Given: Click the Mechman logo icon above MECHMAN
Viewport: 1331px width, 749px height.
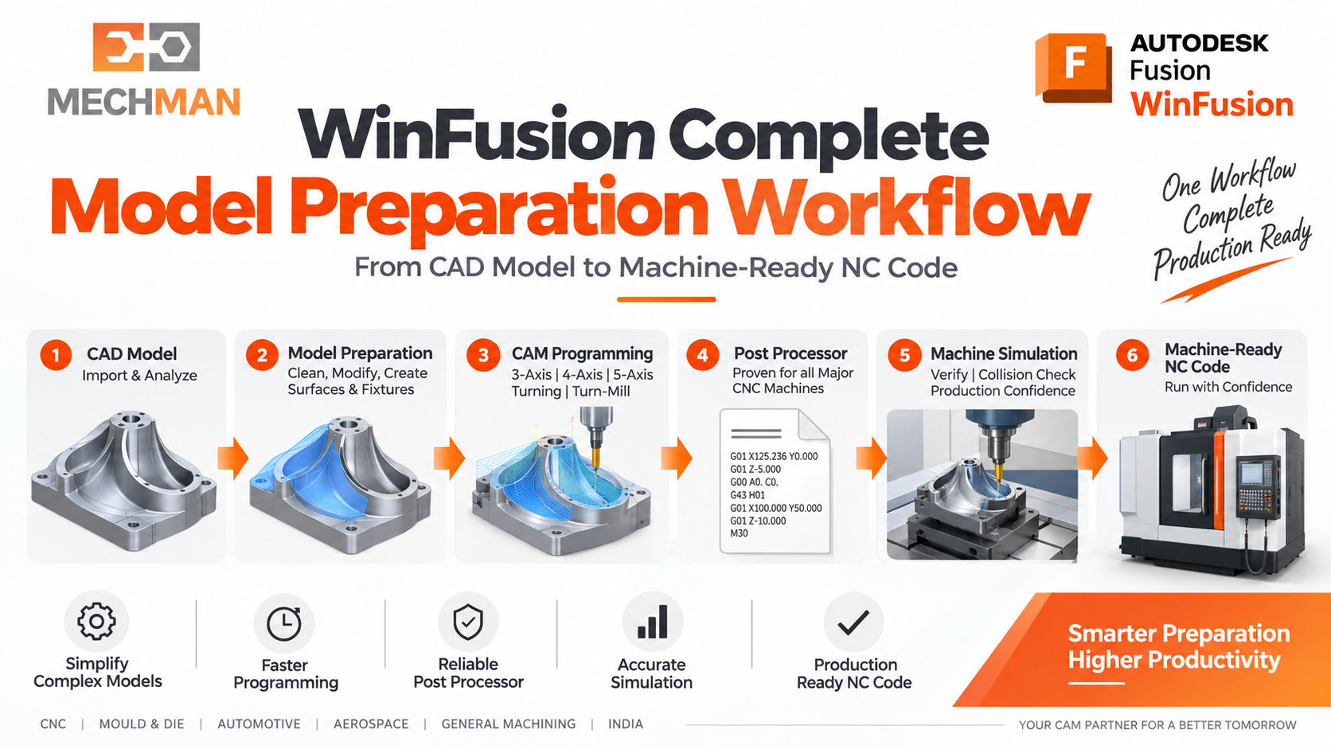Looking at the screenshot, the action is click(x=146, y=47).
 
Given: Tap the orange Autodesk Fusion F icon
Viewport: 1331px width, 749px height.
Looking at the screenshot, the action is click(x=1073, y=68).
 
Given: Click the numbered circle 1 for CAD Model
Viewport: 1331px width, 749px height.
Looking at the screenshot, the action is click(x=56, y=355).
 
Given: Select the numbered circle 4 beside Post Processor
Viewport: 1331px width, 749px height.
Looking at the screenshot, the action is click(x=702, y=355).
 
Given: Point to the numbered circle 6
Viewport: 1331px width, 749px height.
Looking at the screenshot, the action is click(x=1132, y=355).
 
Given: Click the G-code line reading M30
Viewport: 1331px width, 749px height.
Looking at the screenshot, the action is click(x=740, y=533).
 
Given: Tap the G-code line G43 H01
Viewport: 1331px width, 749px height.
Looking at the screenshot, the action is click(x=747, y=495).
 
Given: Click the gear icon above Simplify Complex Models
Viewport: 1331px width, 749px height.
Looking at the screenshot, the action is click(x=96, y=622).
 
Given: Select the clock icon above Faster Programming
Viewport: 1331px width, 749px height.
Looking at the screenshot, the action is click(x=284, y=624).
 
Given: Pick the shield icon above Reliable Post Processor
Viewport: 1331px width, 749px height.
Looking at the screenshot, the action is click(x=468, y=622).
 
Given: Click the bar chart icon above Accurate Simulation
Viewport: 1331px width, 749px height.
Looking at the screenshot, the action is click(x=653, y=622).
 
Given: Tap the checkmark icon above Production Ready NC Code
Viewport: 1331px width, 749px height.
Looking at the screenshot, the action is click(x=853, y=622).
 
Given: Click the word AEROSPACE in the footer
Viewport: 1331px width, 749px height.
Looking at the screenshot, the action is click(x=371, y=724).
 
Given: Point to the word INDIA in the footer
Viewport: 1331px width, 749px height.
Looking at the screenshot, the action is click(x=625, y=724).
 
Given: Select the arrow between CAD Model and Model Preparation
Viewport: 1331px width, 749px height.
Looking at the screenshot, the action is click(x=233, y=458).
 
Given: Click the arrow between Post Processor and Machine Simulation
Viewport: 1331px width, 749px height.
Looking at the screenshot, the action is click(x=872, y=458).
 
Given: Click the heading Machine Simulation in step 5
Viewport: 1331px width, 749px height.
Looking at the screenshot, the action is click(x=1004, y=354).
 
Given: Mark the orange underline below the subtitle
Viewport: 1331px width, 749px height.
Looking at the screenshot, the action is click(x=666, y=299).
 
